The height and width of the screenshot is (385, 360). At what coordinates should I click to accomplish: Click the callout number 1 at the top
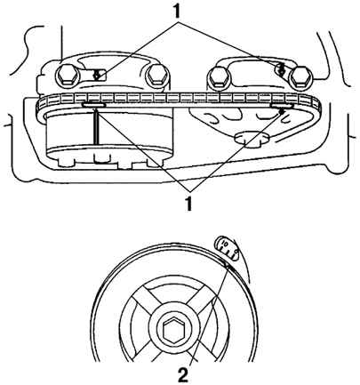177,11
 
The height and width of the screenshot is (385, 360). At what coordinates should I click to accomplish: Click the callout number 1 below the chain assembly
188,204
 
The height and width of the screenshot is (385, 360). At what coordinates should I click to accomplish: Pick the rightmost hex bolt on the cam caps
300,76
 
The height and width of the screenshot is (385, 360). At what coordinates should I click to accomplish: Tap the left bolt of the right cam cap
220,76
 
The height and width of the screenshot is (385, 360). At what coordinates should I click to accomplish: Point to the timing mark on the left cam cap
97,75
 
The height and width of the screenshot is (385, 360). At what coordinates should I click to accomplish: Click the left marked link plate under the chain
94,105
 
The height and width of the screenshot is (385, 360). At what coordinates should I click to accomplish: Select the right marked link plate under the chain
283,106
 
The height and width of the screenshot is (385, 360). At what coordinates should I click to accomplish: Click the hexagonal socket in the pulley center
173,330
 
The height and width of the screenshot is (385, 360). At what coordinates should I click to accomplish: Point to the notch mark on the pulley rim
227,265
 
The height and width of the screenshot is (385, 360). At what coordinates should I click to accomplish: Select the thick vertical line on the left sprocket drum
97,127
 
